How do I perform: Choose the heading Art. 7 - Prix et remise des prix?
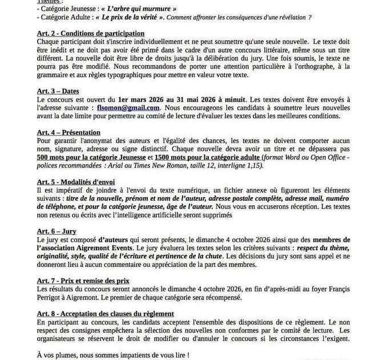[83, 281]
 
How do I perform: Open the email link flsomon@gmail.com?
[129, 107]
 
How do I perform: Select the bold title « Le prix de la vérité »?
[134, 18]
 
